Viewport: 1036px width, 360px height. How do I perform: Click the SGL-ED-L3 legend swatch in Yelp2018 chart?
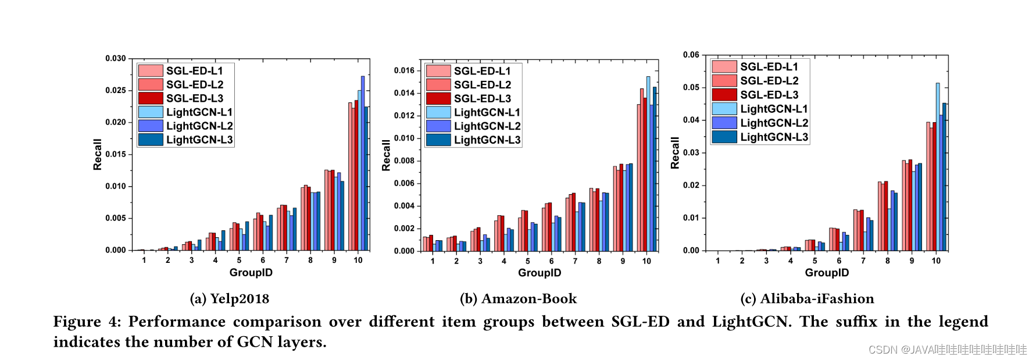coord(151,98)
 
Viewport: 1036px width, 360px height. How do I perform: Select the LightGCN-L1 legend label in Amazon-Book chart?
coord(487,112)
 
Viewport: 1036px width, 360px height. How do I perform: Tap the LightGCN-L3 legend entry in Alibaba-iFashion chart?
coord(774,137)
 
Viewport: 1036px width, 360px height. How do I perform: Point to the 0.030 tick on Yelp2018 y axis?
coord(115,58)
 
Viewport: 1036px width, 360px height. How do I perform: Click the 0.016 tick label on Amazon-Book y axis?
coord(404,70)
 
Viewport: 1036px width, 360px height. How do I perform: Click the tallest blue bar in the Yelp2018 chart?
coord(363,163)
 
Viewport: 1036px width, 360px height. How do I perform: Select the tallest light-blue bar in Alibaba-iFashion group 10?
coord(938,166)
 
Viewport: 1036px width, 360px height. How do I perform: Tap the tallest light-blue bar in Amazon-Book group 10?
coord(648,163)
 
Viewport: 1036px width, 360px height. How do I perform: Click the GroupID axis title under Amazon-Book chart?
coord(540,273)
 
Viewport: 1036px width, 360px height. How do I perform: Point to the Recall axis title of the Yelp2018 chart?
coord(97,154)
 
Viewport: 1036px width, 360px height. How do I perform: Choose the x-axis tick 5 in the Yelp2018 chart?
coord(239,260)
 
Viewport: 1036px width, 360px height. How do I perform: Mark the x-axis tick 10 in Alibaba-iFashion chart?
coord(936,261)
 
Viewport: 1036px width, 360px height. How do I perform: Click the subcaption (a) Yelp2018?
coord(230,299)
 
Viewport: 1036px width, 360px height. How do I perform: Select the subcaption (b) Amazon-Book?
coord(518,299)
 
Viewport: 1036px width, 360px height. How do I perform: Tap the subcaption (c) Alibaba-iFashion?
coord(807,299)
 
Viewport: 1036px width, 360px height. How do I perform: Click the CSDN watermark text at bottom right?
coord(947,350)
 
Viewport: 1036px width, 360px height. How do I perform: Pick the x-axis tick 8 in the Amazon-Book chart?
coord(599,261)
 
